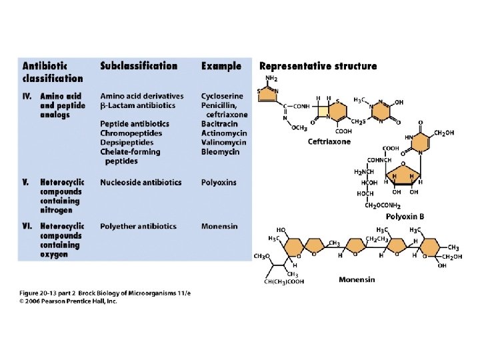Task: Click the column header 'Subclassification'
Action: click(x=139, y=66)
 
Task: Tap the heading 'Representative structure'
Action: click(x=317, y=66)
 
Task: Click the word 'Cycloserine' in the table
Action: click(x=222, y=96)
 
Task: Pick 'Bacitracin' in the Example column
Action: click(x=220, y=124)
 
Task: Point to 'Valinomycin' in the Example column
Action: click(x=223, y=142)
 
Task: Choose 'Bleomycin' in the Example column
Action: click(x=220, y=151)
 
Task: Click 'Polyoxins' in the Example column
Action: click(x=219, y=182)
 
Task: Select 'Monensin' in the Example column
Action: click(x=219, y=226)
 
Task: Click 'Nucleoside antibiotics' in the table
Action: click(x=141, y=182)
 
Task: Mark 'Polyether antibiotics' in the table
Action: click(x=138, y=226)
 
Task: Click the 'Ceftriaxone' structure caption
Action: click(x=329, y=141)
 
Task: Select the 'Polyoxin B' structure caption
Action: click(x=405, y=217)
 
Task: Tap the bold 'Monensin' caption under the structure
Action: click(x=357, y=279)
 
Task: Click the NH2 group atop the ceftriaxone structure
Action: click(x=271, y=78)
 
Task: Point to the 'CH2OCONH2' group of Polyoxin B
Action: click(x=382, y=205)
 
